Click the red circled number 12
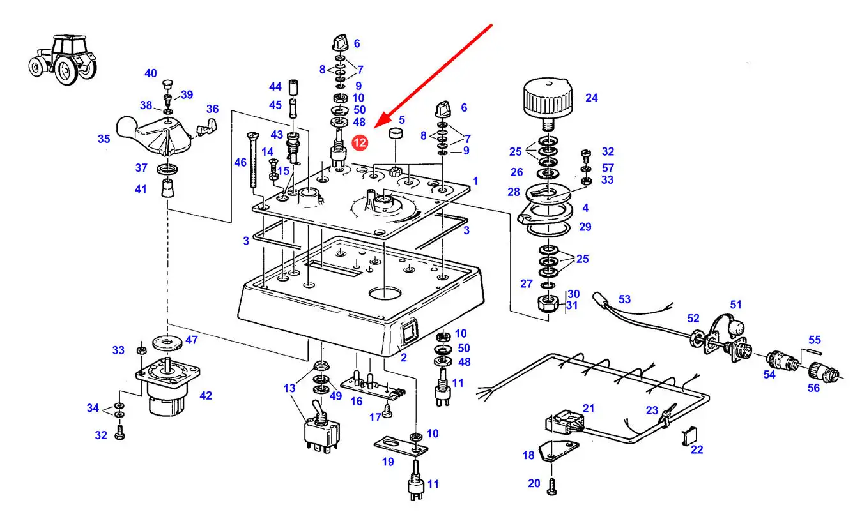point(360,143)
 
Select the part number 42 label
point(205,396)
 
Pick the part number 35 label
point(104,139)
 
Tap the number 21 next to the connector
point(588,409)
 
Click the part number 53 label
point(624,299)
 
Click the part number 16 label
point(356,401)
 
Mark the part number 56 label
point(813,388)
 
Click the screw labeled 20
point(553,488)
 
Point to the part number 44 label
point(275,86)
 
